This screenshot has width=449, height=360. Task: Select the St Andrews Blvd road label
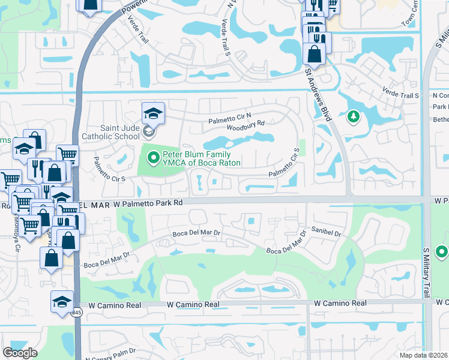tap(318, 95)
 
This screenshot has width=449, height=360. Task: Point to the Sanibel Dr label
tap(327, 232)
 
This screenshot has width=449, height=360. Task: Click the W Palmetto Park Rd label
tap(148, 203)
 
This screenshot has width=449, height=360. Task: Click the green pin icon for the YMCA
tap(153, 158)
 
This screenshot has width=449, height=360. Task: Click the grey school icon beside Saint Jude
tap(149, 130)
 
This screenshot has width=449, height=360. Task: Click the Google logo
tap(20, 353)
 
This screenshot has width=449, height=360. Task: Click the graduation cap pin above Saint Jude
tap(153, 112)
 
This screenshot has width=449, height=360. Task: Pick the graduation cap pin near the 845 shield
tap(62, 301)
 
